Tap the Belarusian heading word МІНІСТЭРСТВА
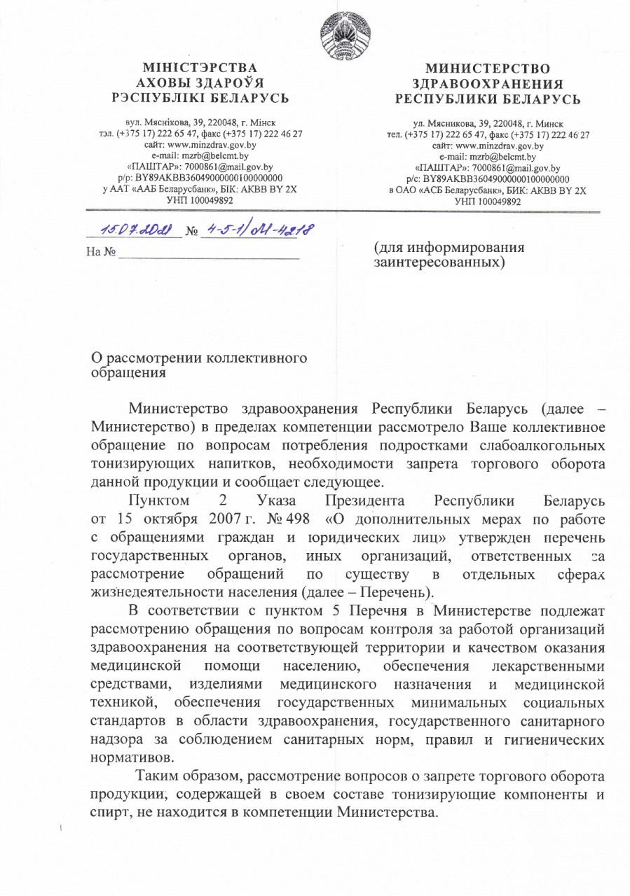pyautogui.click(x=202, y=69)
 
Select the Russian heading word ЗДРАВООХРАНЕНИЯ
pyautogui.click(x=488, y=83)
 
